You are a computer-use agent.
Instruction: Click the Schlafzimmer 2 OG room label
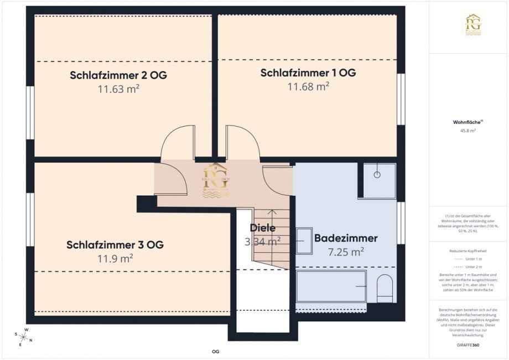pos(118,75)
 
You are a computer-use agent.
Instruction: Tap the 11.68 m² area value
pos(308,86)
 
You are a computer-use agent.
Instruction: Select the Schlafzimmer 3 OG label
pos(115,244)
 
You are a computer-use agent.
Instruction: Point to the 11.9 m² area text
pos(115,258)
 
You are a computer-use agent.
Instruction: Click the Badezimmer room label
pos(346,238)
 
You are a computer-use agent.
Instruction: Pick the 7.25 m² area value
pos(346,252)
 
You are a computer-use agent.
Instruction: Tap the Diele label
pos(262,228)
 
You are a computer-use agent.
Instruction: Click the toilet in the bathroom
pos(384,288)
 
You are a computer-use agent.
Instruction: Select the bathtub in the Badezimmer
pos(331,286)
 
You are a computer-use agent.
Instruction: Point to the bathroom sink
pos(304,241)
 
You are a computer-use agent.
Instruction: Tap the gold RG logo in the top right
pos(472,25)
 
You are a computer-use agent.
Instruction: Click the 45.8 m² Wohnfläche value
pos(468,131)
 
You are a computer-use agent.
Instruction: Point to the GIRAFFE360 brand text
pos(468,344)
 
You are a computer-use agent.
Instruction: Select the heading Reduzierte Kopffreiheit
pos(468,251)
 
